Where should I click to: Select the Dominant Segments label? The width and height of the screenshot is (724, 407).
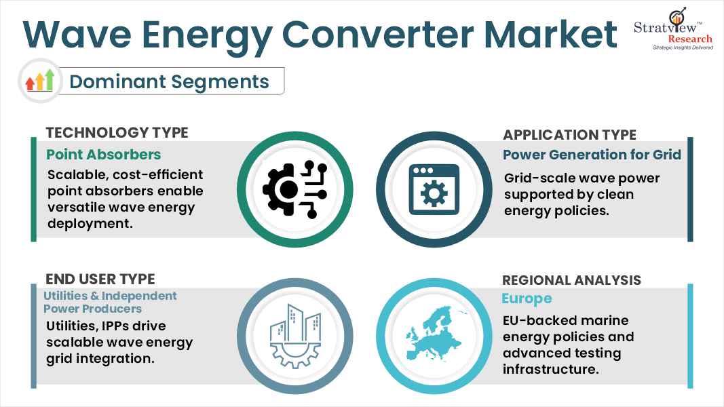pyautogui.click(x=169, y=81)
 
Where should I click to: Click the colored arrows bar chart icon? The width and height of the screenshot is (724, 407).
pyautogui.click(x=39, y=81)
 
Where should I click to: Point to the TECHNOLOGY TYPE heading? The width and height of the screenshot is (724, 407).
pyautogui.click(x=117, y=132)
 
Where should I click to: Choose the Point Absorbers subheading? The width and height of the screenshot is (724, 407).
pyautogui.click(x=104, y=155)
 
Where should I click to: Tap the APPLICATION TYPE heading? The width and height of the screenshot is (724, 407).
pyautogui.click(x=569, y=134)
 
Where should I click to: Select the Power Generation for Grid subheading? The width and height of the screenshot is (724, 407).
pyautogui.click(x=592, y=155)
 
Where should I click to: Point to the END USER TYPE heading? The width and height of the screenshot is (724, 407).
pyautogui.click(x=100, y=279)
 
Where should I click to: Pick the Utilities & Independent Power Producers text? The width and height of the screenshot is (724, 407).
pyautogui.click(x=110, y=302)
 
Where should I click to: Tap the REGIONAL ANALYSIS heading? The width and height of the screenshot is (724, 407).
pyautogui.click(x=571, y=280)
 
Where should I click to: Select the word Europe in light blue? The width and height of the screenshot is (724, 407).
pyautogui.click(x=527, y=298)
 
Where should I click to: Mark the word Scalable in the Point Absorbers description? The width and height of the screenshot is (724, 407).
pyautogui.click(x=75, y=175)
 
